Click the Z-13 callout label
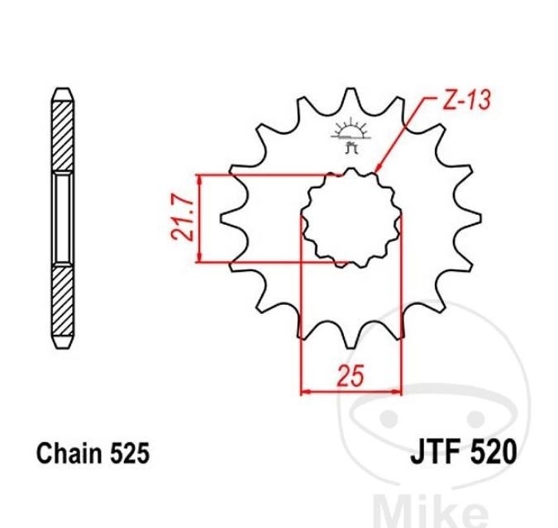click(466, 100)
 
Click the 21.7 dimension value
click(183, 219)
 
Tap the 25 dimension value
click(351, 375)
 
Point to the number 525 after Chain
click(130, 454)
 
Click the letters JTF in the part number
click(437, 453)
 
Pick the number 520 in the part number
click(494, 453)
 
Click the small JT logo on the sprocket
click(351, 136)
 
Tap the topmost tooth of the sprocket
click(351, 95)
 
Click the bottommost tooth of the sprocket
click(351, 340)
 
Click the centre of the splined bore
click(351, 218)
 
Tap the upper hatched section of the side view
click(63, 136)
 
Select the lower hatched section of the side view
click(63, 300)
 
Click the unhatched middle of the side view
click(63, 218)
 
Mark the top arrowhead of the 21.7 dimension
click(200, 180)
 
